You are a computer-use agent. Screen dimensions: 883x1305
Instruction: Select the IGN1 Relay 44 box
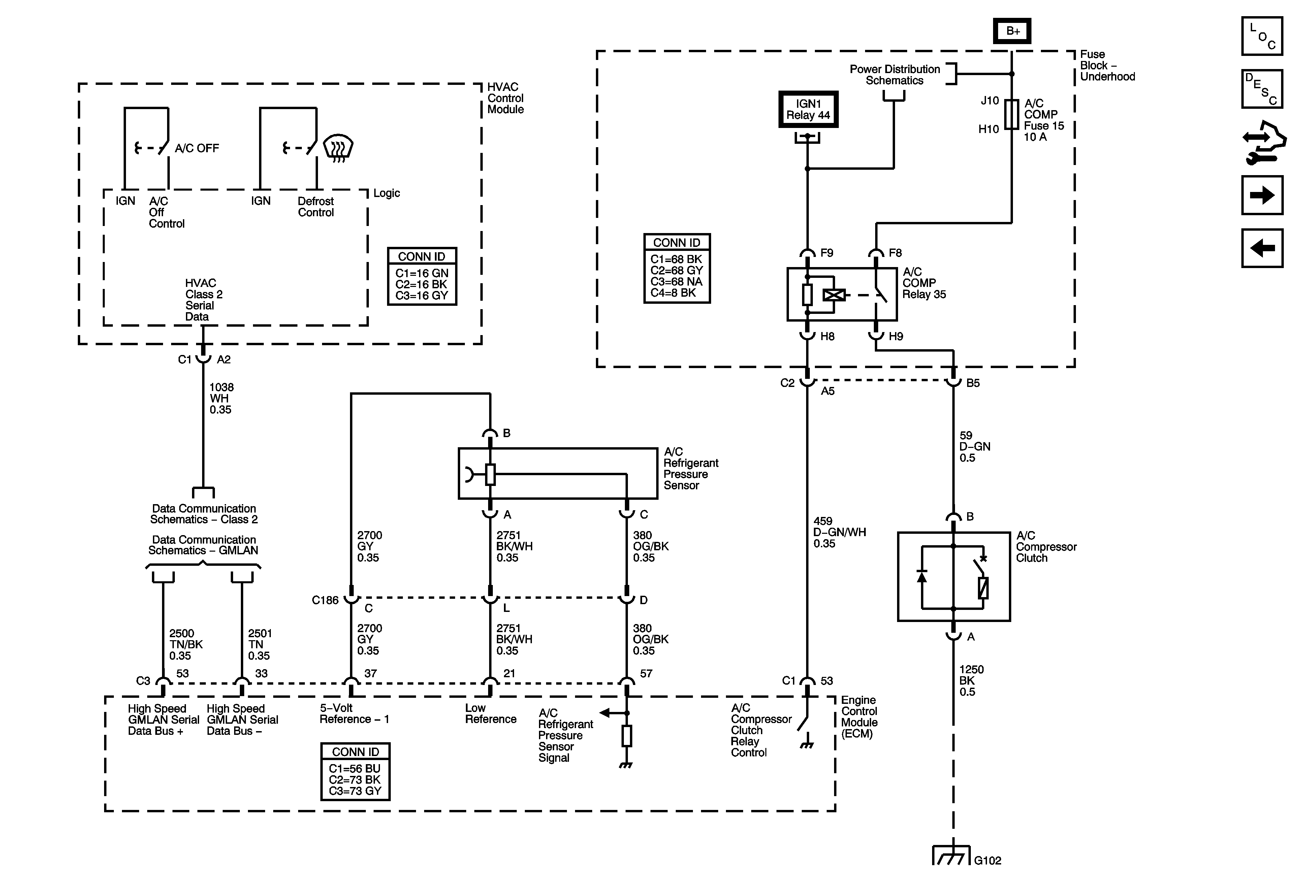808,109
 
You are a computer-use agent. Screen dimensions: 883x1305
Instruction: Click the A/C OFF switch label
196,148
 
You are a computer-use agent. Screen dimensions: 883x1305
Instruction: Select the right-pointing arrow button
1262,195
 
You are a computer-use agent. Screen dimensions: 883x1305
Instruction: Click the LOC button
1262,36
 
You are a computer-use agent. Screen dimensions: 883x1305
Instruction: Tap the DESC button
1262,89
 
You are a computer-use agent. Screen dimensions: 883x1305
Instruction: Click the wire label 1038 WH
221,398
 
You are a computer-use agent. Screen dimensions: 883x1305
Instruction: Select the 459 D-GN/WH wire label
839,532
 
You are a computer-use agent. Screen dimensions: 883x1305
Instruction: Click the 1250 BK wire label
971,680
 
